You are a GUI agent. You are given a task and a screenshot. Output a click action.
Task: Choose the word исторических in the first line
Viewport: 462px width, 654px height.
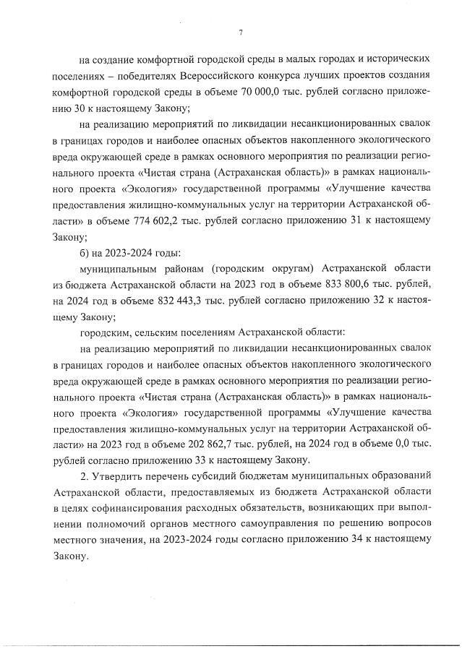(x=398, y=57)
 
